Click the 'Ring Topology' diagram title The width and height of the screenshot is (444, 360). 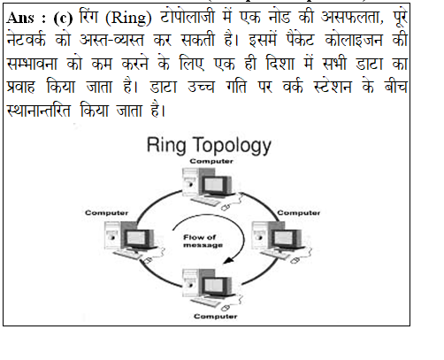209,145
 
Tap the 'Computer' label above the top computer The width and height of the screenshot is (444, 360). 211,161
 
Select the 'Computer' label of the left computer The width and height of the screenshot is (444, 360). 106,213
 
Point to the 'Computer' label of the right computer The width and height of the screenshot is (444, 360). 298,212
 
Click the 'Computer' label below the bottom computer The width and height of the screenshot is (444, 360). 216,317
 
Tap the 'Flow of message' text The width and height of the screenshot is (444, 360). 203,241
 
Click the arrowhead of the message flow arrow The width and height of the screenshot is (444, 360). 229,260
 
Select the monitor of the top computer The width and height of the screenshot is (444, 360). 216,187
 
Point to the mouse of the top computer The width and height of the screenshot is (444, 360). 226,207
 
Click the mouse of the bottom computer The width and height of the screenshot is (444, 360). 226,308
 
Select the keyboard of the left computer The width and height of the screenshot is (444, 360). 128,255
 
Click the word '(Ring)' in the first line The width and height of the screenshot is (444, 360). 128,18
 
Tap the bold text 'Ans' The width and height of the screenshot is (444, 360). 20,18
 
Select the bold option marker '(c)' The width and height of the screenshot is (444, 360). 63,19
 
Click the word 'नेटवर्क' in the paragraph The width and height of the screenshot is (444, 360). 26,40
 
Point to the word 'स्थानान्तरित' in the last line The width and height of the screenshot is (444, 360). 38,111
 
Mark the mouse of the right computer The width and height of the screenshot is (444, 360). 295,260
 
